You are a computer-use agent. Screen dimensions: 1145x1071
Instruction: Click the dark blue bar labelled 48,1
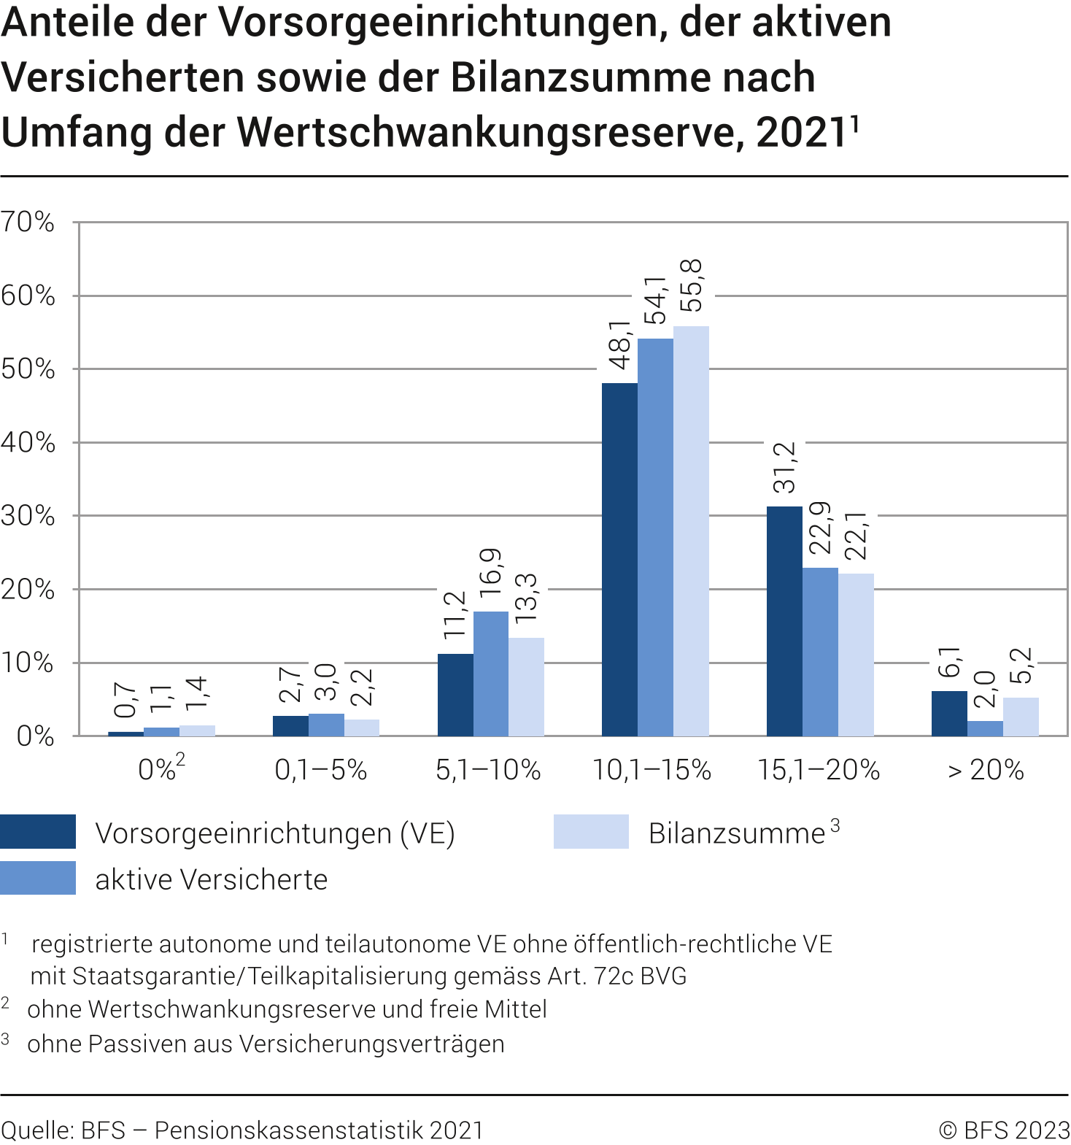pos(619,559)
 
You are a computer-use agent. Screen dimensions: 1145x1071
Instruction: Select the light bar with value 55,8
pos(691,531)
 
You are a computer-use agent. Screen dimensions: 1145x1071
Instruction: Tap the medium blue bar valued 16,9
pos(491,673)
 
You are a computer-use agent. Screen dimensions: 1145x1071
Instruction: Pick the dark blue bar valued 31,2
pos(784,620)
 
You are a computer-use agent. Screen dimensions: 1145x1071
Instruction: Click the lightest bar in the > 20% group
pos(1021,717)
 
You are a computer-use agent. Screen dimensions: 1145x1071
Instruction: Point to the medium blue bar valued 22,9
pos(820,651)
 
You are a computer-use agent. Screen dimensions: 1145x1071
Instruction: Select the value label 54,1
pos(656,300)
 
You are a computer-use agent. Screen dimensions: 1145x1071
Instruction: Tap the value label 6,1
pos(949,662)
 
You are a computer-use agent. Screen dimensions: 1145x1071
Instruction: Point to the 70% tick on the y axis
pos(28,222)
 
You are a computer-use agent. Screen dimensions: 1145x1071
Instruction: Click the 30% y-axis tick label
pos(28,516)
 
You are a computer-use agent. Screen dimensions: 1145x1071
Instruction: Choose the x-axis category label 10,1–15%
pos(652,770)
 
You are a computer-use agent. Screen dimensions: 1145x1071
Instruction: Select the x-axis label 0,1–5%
pos(320,770)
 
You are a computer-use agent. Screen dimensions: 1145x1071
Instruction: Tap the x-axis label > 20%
pos(986,770)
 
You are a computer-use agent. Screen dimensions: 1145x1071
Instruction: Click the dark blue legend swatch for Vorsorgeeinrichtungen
pos(38,832)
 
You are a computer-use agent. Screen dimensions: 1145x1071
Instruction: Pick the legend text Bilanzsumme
pos(737,833)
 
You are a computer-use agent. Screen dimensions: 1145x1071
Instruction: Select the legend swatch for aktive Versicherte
pos(38,878)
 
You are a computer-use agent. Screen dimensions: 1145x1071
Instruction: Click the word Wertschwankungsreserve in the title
pos(490,133)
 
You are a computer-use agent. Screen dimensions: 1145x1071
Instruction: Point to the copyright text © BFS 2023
pos(1004,1130)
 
